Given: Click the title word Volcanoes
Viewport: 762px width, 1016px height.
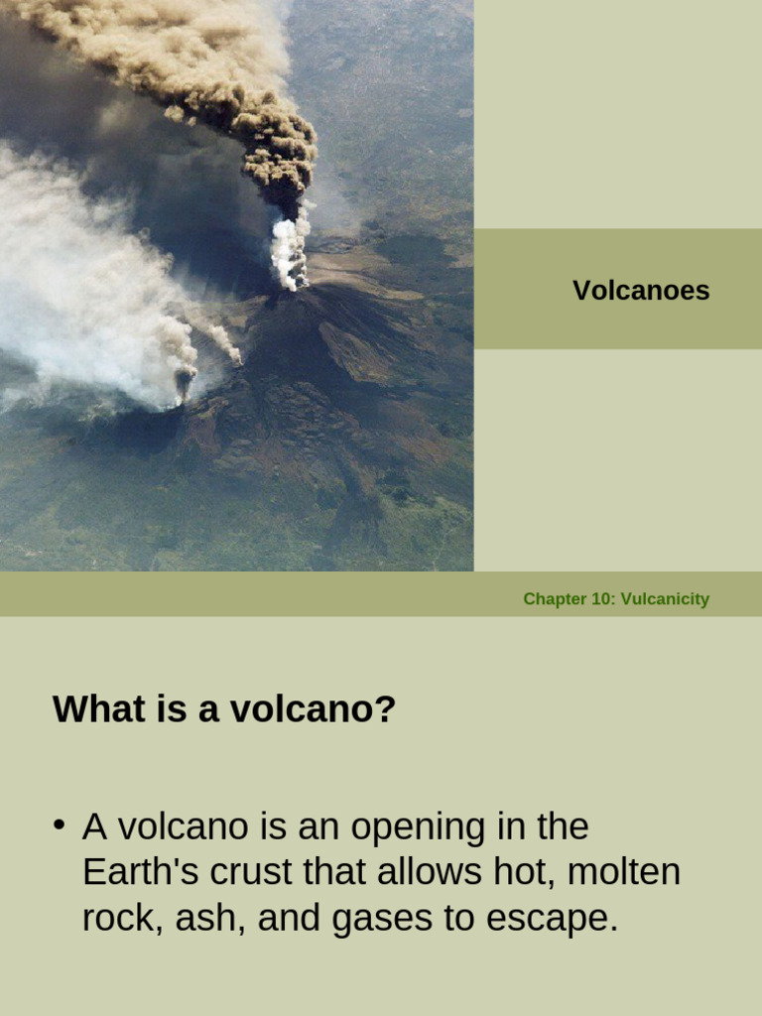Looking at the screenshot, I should pyautogui.click(x=641, y=291).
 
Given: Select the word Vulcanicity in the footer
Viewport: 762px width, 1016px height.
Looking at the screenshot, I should pyautogui.click(x=665, y=599).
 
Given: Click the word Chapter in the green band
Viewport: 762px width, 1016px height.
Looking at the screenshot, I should pyautogui.click(x=555, y=599).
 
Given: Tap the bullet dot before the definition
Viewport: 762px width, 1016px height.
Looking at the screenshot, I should pyautogui.click(x=60, y=825).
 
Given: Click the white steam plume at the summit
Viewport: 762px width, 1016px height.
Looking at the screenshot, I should pyautogui.click(x=290, y=253).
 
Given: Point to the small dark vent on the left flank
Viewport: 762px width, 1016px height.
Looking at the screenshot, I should pyautogui.click(x=184, y=382).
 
